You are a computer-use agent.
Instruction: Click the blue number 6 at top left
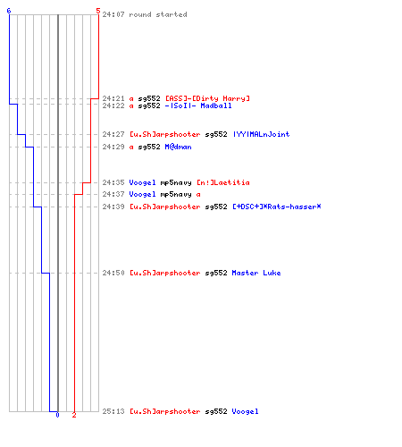tap(9, 11)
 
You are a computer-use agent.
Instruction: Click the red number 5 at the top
tap(98, 11)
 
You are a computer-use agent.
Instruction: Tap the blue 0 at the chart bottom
tap(57, 415)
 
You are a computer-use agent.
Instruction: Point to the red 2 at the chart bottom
tap(74, 415)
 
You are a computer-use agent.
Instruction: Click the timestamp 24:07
tap(113, 14)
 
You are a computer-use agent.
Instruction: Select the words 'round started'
tap(158, 14)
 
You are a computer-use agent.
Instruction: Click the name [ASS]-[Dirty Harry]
tap(207, 98)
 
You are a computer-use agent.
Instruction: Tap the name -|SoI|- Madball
tap(198, 105)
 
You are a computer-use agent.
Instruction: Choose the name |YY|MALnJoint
tap(261, 134)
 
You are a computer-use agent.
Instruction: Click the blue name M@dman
tap(178, 147)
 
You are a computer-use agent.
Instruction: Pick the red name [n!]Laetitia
tap(223, 182)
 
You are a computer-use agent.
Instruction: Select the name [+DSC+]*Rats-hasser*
tap(277, 207)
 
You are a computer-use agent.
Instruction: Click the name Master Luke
tap(256, 273)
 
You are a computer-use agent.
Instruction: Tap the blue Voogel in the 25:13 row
tap(245, 411)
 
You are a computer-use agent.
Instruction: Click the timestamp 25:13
tap(113, 411)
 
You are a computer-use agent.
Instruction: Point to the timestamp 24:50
tap(113, 273)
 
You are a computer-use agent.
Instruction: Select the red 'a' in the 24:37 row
tap(198, 195)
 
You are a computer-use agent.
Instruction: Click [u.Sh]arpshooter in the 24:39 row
tap(165, 207)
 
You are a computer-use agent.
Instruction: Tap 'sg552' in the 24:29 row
tap(149, 147)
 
